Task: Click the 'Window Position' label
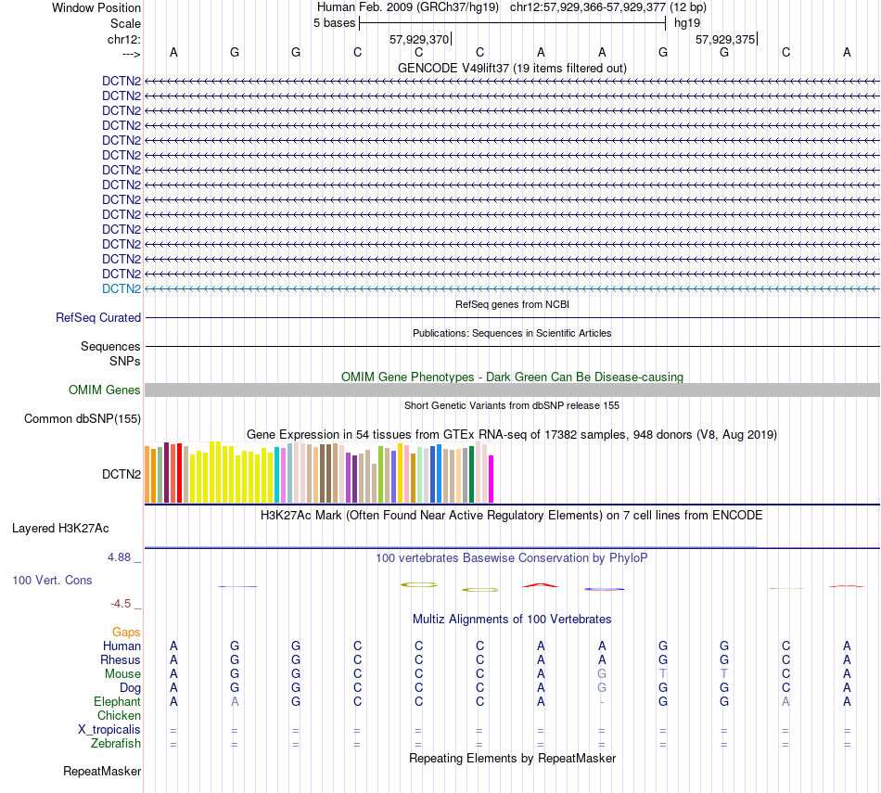tap(96, 8)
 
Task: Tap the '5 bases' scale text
tap(334, 23)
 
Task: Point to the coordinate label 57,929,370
tap(419, 39)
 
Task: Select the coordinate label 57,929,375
tap(725, 39)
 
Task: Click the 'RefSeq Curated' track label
tap(98, 317)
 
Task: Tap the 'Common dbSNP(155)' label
tap(83, 419)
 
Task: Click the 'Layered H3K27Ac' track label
tap(60, 529)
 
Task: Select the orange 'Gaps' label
tap(126, 633)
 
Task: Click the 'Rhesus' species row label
tap(121, 660)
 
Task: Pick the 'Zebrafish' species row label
tap(116, 744)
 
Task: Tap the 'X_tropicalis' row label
tap(109, 730)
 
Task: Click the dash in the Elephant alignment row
tap(602, 702)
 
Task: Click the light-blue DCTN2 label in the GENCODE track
tap(121, 288)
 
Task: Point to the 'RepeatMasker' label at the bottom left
tap(102, 772)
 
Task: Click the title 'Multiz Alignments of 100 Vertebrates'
tap(512, 619)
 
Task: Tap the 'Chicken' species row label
tap(120, 716)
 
